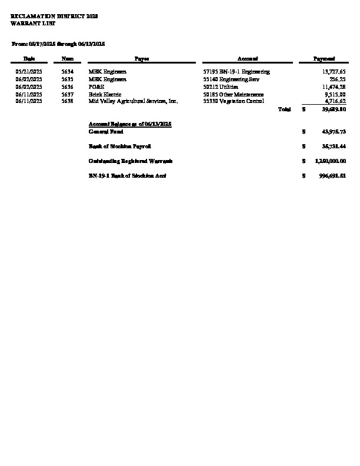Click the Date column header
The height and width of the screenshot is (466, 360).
(29, 59)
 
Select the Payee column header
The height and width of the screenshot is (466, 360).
(141, 59)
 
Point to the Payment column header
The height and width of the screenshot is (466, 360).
(324, 59)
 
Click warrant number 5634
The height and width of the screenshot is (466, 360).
(67, 71)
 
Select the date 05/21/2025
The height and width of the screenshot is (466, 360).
(29, 71)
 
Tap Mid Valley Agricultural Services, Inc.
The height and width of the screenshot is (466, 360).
(133, 101)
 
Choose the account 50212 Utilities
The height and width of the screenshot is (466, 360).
(221, 86)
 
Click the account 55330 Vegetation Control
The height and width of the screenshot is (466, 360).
(234, 101)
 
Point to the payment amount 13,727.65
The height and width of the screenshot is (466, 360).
(334, 71)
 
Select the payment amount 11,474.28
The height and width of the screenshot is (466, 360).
(334, 86)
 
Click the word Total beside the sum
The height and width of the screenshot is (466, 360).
(284, 109)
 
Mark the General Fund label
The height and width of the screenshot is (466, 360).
(106, 131)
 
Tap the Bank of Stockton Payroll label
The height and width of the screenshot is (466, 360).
(119, 146)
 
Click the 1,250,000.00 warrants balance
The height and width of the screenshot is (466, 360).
(330, 161)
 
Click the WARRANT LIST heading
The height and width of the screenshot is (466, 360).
(28, 22)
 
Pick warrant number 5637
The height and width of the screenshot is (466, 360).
(67, 94)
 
